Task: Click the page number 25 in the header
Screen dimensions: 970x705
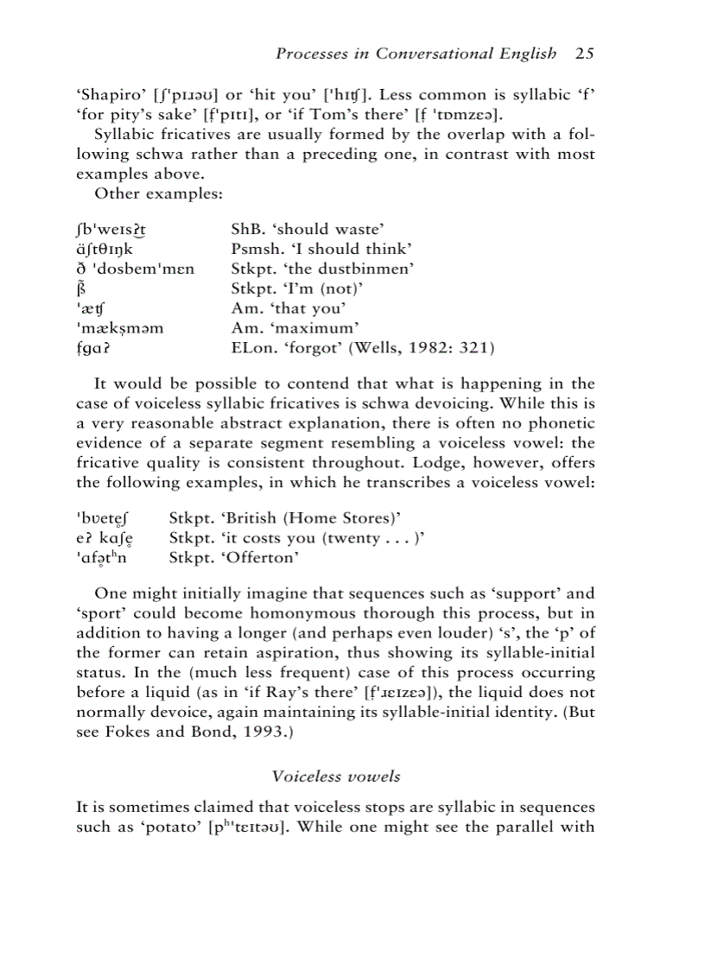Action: tap(585, 54)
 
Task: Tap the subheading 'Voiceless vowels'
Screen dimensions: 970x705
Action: tap(336, 776)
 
